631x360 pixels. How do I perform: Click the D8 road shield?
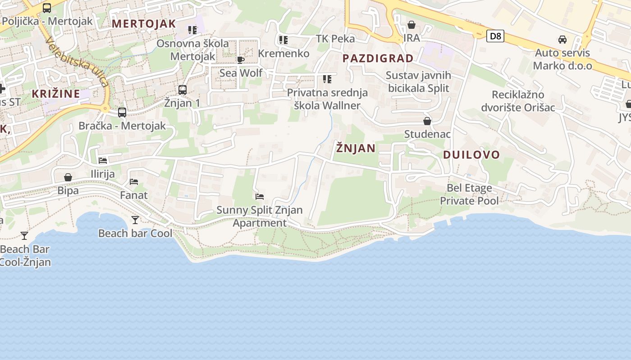495,36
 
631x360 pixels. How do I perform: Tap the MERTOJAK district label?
144,24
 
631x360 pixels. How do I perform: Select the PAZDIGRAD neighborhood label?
378,58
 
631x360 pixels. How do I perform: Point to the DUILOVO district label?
471,155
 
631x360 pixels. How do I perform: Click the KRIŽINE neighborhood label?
56,94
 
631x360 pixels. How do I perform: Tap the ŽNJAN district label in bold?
356,148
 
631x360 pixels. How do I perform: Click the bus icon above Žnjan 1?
183,90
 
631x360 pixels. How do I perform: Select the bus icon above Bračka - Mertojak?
122,112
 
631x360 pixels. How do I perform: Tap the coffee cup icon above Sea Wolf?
241,60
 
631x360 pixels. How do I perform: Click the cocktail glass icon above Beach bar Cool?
135,220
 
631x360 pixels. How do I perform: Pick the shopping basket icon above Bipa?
68,177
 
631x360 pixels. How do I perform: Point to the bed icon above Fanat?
134,182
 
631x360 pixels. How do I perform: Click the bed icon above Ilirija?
103,161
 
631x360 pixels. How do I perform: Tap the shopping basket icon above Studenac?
427,121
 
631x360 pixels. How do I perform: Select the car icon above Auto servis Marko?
562,40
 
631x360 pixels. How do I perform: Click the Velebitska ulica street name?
77,62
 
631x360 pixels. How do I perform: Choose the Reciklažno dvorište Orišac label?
518,101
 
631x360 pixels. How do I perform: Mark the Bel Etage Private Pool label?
469,194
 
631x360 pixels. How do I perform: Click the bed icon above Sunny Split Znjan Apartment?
260,197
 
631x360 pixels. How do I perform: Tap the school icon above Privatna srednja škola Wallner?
327,80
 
